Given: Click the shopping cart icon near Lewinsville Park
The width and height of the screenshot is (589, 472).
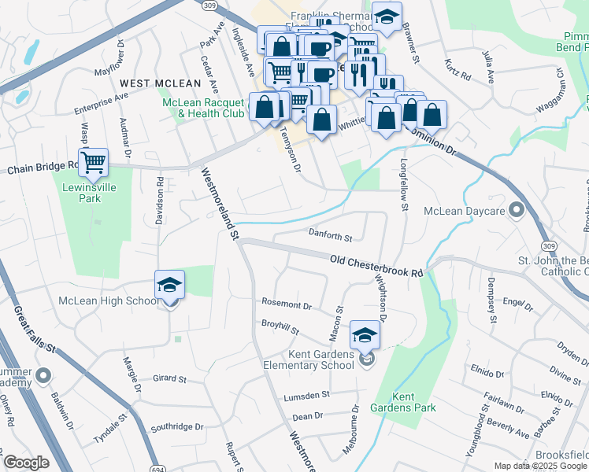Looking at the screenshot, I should click(x=94, y=163).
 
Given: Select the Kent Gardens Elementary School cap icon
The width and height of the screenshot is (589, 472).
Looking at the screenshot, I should click(x=365, y=336).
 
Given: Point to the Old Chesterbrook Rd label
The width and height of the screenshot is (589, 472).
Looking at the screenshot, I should click(x=376, y=265).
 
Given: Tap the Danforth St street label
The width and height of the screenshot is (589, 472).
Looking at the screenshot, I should click(x=329, y=235).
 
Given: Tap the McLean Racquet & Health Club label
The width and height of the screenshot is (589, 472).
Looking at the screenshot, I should click(x=203, y=108).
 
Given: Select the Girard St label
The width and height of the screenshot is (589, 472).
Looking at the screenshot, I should click(x=169, y=378).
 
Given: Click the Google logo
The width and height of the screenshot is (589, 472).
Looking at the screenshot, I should click(x=26, y=463).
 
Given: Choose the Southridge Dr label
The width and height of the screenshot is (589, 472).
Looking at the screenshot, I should click(x=177, y=427).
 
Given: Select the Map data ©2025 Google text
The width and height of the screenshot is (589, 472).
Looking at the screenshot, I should click(x=540, y=466).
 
